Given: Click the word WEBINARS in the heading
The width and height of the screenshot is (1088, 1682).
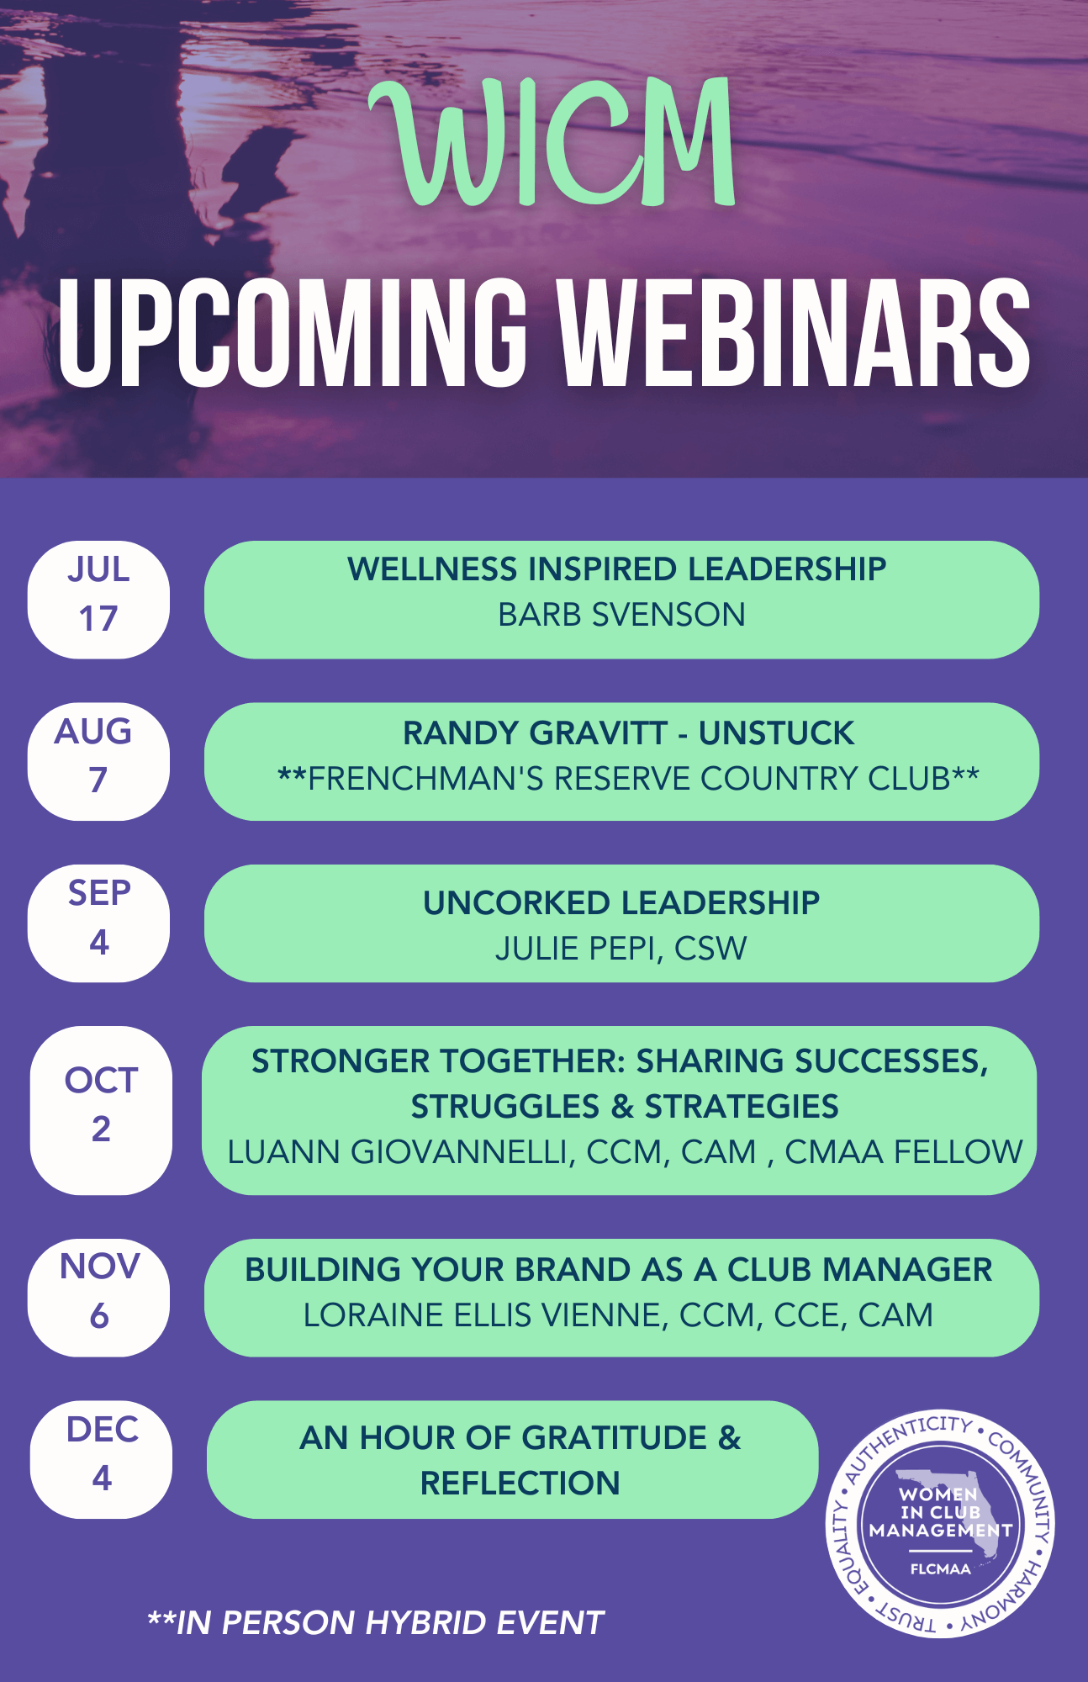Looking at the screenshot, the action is pos(795,332).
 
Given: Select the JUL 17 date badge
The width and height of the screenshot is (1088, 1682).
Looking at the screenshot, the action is pos(98,600).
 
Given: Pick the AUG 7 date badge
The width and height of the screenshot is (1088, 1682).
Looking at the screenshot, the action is pos(98,761).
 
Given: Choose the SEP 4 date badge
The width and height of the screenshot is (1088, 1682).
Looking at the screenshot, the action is pos(98,923).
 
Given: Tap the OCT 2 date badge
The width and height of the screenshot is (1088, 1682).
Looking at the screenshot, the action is pos(101,1110).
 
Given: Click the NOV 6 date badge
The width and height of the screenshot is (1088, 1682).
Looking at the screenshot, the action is pos(98,1298).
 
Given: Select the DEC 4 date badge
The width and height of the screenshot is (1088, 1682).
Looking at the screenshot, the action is pos(101,1459).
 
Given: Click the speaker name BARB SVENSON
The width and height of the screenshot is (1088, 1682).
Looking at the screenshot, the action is pos(621,615).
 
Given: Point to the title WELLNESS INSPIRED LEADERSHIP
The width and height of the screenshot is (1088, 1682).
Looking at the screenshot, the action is pos(617,569).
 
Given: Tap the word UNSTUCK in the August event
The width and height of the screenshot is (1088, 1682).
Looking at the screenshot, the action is pos(776,733).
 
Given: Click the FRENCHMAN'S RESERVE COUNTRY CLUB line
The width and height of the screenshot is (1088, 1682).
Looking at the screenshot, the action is pos(628,779).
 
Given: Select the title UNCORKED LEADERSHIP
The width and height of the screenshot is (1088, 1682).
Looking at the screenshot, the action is pos(621,903).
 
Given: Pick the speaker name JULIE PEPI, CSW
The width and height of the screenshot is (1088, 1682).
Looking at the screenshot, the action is pos(621,949).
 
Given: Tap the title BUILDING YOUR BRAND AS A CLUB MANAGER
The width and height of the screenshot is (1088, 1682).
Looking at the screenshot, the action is pos(619,1270).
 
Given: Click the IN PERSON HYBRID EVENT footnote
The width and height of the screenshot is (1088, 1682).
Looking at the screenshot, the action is pos(376,1623).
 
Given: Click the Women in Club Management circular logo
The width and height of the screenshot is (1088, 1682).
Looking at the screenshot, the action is pos(940,1524).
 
